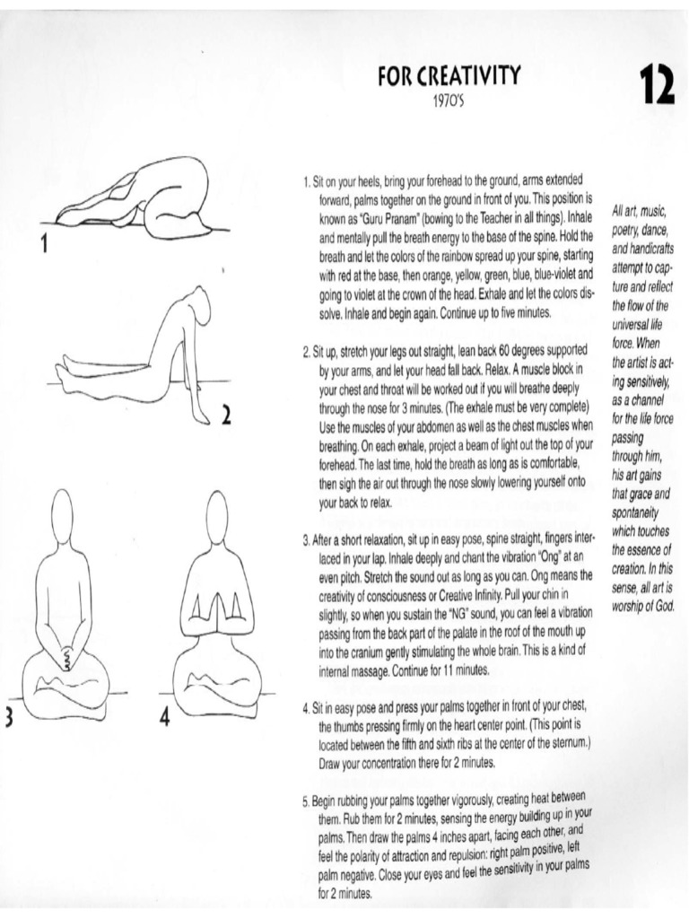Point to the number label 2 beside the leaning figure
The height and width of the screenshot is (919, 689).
tap(226, 415)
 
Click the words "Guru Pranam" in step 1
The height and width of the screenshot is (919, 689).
tap(388, 217)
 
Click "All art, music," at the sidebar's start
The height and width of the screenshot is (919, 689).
tap(638, 210)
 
